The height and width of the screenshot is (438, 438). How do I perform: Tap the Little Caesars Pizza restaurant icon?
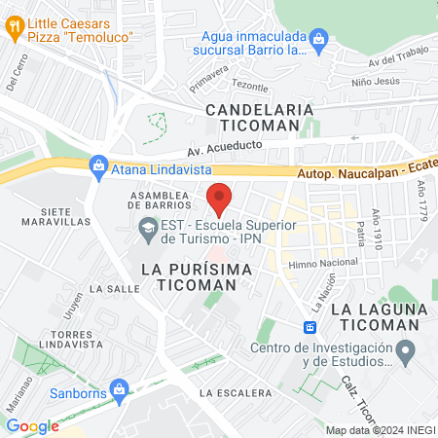[x=14, y=28]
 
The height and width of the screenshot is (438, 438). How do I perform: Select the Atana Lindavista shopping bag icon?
[x=97, y=166]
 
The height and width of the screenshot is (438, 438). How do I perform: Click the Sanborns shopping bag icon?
[x=119, y=389]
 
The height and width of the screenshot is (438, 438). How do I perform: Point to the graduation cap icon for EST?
[x=147, y=231]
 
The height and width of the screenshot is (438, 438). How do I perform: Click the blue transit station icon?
[x=310, y=327]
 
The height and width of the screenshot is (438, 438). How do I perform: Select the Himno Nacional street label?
[x=323, y=263]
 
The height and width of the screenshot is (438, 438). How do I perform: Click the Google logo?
[x=32, y=426]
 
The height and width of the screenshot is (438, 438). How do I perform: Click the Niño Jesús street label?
[x=375, y=82]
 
